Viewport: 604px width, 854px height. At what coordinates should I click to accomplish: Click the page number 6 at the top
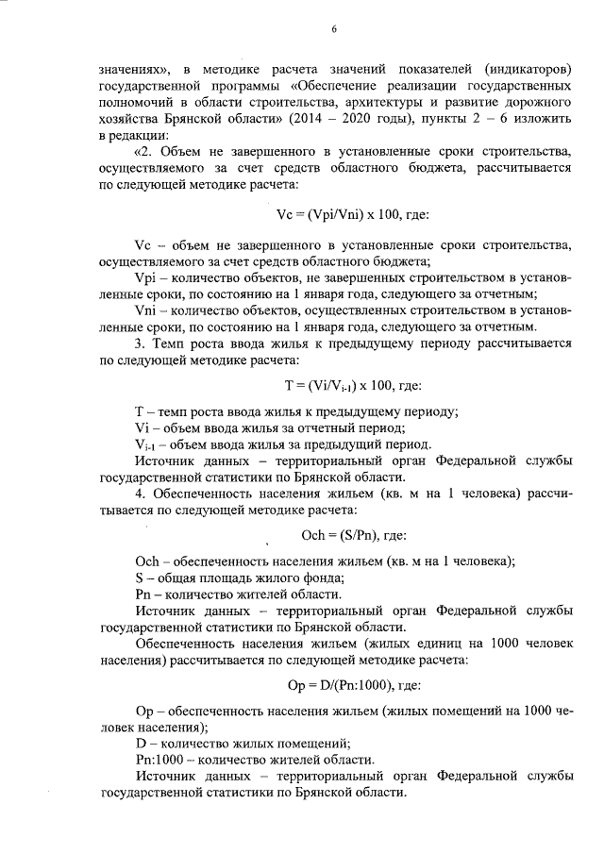point(334,28)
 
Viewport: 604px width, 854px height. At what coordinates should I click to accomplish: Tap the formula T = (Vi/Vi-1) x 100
point(332,385)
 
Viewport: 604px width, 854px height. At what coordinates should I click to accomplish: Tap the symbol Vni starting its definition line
point(147,310)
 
